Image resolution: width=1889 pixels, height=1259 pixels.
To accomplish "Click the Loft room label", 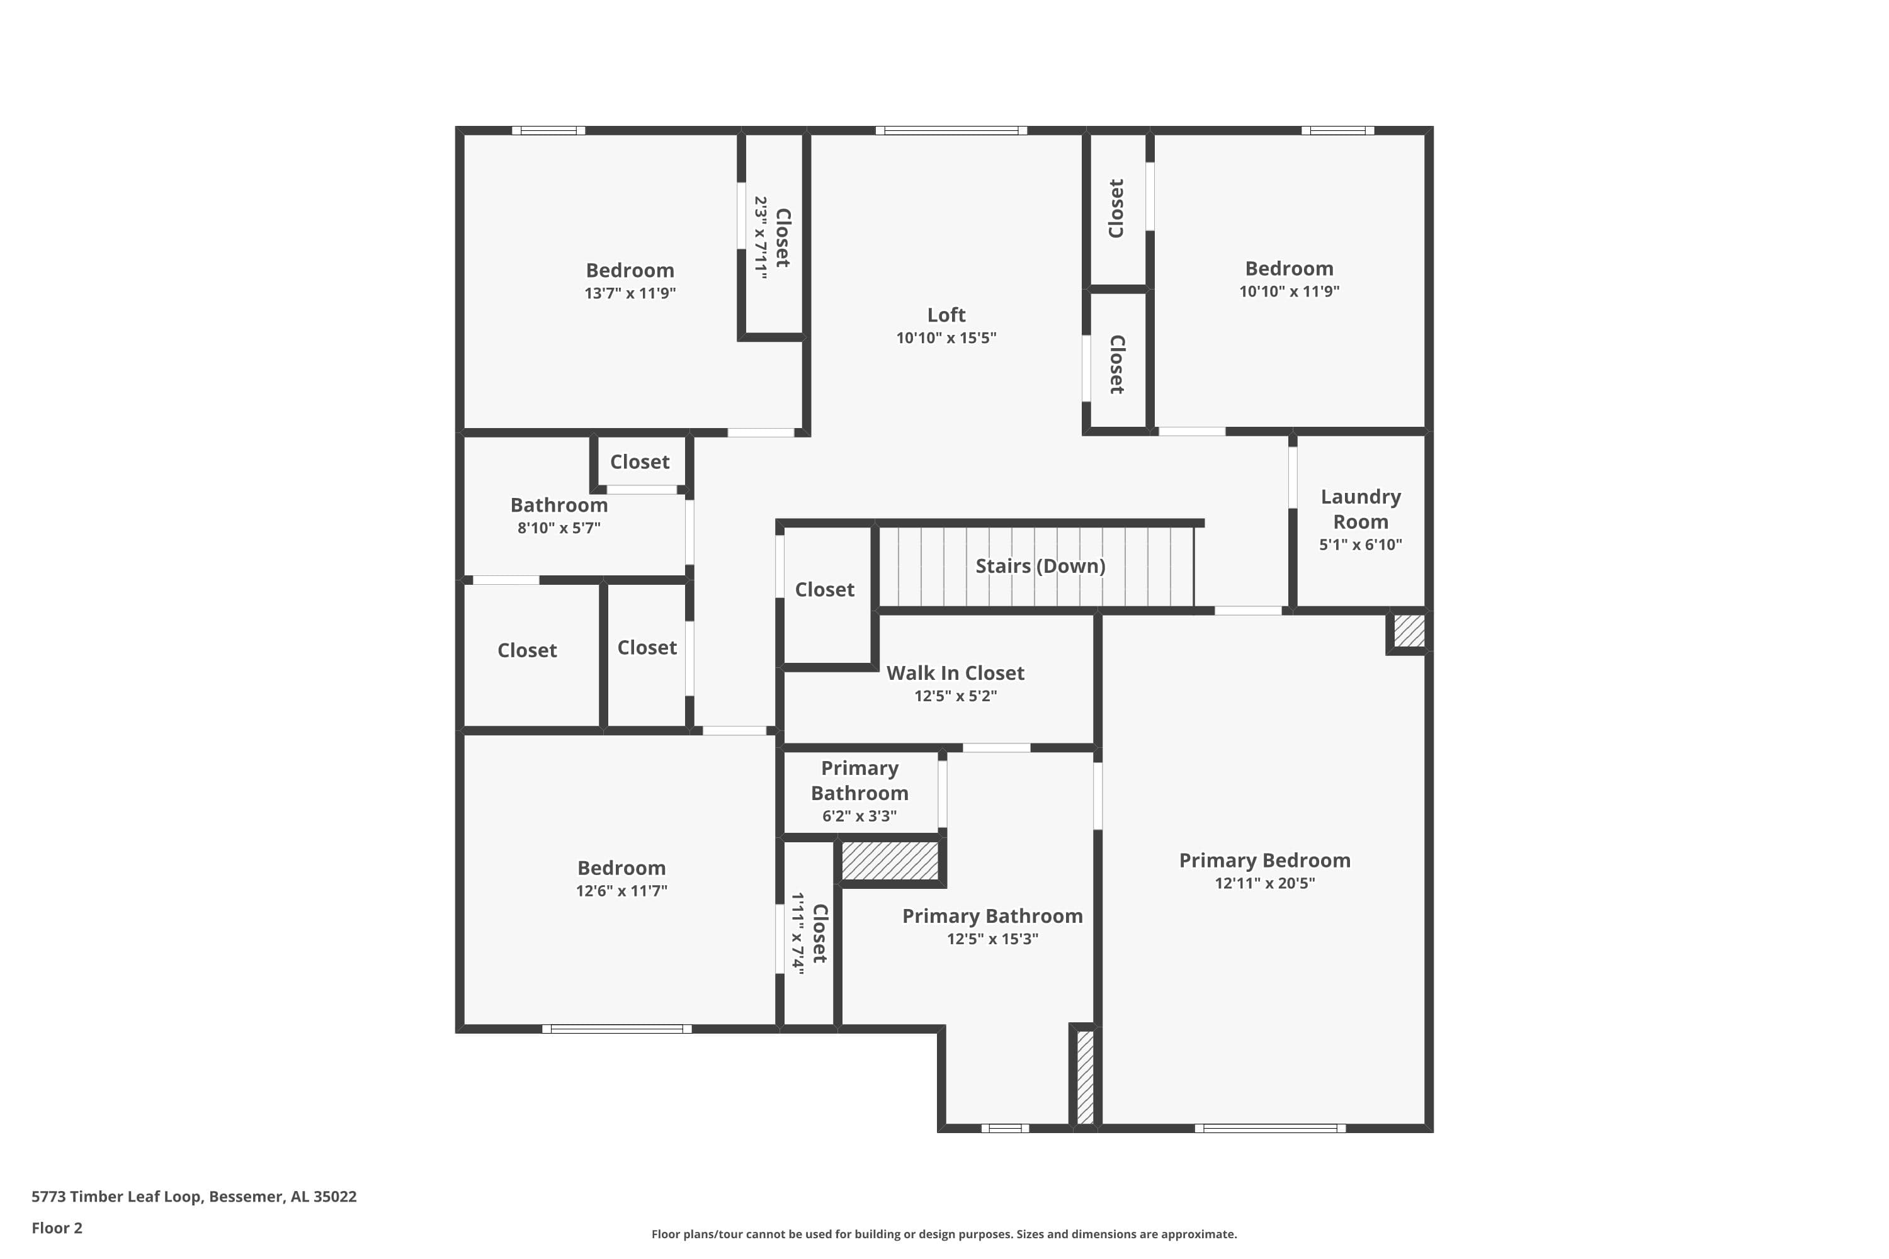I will [x=946, y=315].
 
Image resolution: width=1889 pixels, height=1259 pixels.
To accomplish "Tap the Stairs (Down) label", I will [x=1040, y=566].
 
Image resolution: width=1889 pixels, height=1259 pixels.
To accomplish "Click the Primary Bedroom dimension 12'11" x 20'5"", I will [x=1264, y=883].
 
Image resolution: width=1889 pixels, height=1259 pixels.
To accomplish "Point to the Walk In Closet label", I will [x=955, y=673].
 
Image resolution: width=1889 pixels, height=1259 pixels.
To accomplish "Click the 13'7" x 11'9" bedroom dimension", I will [x=630, y=293].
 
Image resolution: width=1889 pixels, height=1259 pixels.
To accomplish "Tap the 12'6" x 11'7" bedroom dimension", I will [x=621, y=891].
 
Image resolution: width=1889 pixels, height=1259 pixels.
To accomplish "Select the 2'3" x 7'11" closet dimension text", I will [x=760, y=238].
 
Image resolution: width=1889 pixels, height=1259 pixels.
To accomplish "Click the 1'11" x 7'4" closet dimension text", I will [x=798, y=933].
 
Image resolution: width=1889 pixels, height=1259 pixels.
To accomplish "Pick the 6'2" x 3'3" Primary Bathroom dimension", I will [x=859, y=816].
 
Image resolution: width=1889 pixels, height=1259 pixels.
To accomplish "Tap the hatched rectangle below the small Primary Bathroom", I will [x=889, y=861].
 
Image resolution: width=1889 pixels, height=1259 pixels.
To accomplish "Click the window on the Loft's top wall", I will [x=951, y=131].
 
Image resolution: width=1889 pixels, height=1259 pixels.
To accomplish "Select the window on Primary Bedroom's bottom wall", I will [x=1270, y=1128].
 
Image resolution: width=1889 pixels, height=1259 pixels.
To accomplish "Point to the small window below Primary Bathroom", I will [x=1005, y=1128].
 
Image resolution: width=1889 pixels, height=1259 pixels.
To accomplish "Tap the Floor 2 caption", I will [x=57, y=1228].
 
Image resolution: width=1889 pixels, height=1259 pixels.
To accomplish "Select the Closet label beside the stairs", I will [x=824, y=589].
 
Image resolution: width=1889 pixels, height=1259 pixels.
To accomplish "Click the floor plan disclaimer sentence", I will [x=944, y=1234].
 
